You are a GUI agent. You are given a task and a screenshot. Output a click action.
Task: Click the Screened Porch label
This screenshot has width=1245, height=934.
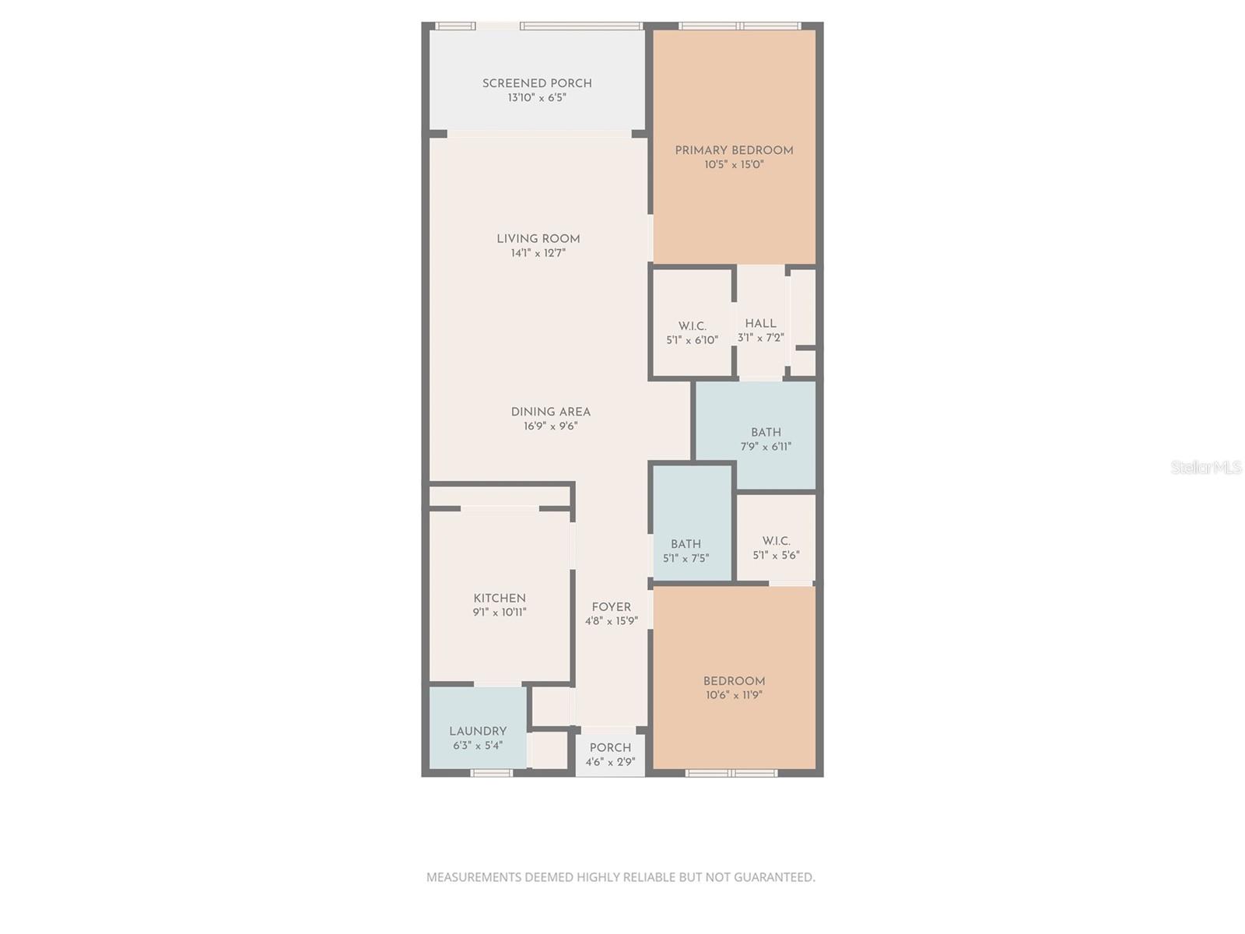pyautogui.click(x=537, y=83)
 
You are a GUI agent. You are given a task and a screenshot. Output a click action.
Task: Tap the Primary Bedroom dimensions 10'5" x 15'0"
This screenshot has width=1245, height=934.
pyautogui.click(x=734, y=165)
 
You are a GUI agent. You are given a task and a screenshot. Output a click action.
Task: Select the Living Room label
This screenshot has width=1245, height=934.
pyautogui.click(x=538, y=239)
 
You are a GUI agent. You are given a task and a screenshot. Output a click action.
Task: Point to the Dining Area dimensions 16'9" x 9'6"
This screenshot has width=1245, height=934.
pyautogui.click(x=550, y=427)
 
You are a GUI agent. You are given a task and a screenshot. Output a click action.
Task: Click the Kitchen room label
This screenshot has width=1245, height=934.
pyautogui.click(x=500, y=599)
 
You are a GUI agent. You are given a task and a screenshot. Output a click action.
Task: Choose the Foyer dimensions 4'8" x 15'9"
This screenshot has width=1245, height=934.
pyautogui.click(x=611, y=621)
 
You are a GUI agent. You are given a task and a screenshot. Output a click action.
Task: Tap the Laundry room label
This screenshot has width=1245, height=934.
pyautogui.click(x=478, y=732)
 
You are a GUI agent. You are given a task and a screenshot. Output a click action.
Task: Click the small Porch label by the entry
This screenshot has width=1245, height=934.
pyautogui.click(x=610, y=748)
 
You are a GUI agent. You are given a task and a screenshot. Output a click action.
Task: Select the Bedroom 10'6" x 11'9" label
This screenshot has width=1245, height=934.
pyautogui.click(x=734, y=681)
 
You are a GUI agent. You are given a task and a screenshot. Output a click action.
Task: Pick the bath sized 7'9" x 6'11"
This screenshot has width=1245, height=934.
pyautogui.click(x=766, y=440)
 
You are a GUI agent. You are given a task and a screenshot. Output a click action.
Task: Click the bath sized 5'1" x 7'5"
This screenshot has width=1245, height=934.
pyautogui.click(x=686, y=551)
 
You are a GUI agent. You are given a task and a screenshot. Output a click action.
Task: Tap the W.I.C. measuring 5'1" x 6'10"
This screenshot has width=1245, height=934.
pyautogui.click(x=692, y=333)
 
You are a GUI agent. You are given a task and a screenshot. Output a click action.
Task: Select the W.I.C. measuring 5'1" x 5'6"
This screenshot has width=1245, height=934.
pyautogui.click(x=776, y=548)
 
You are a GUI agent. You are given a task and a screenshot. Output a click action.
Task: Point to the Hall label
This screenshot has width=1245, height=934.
pyautogui.click(x=760, y=324)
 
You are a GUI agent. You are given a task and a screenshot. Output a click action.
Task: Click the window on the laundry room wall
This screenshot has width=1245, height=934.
pyautogui.click(x=492, y=773)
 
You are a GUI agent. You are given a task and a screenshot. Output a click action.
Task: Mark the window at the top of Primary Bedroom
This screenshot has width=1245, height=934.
pyautogui.click(x=739, y=26)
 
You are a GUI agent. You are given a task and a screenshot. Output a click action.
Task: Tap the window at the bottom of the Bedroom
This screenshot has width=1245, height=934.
pyautogui.click(x=731, y=773)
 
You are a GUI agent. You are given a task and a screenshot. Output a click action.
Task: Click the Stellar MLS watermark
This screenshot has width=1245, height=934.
pyautogui.click(x=1205, y=467)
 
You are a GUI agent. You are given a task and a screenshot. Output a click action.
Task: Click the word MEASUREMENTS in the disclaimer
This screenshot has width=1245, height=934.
pyautogui.click(x=474, y=877)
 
